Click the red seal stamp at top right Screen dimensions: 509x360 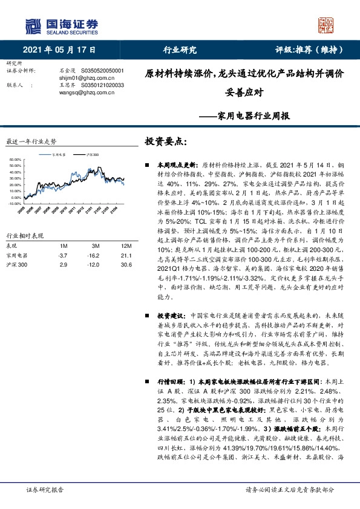[327, 25]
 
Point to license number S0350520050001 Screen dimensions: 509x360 [98, 71]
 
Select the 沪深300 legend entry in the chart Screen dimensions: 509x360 [91, 155]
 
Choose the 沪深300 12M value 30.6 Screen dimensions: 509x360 [126, 265]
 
